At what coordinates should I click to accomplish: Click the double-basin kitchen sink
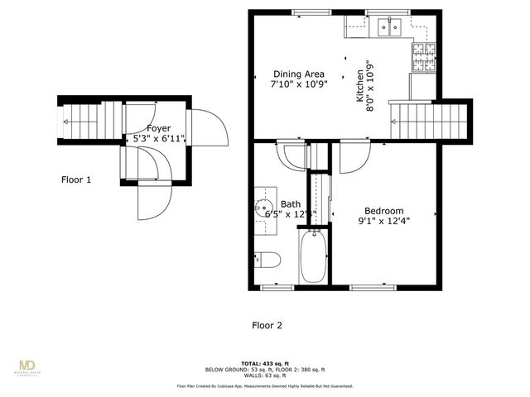388,28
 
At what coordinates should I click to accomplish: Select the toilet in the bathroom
267,260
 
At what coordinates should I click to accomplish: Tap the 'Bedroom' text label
384,210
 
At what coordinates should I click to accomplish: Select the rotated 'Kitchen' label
360,85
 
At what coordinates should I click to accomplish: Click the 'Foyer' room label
159,128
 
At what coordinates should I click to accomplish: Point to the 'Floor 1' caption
76,179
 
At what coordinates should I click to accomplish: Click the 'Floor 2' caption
267,325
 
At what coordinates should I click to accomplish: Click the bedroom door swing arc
354,157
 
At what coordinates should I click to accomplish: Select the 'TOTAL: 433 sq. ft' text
265,363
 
